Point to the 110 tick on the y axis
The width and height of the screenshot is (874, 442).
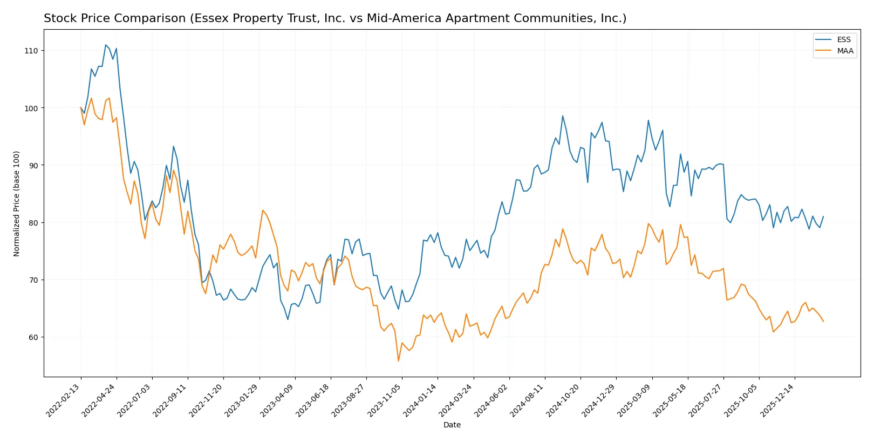coord(31,51)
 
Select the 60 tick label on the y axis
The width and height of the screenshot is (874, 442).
coord(33,337)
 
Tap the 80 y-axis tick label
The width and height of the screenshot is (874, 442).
coord(33,223)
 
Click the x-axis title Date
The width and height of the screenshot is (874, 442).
coord(452,425)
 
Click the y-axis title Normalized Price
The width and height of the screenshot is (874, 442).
coord(17,203)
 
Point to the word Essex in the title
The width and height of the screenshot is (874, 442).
coord(210,19)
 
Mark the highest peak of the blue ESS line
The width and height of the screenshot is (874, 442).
coord(106,45)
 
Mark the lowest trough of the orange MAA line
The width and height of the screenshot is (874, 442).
coord(399,361)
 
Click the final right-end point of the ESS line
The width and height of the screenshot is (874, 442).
coord(823,216)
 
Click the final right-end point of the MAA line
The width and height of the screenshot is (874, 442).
coord(823,322)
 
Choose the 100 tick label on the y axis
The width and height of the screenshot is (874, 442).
coord(31,108)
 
